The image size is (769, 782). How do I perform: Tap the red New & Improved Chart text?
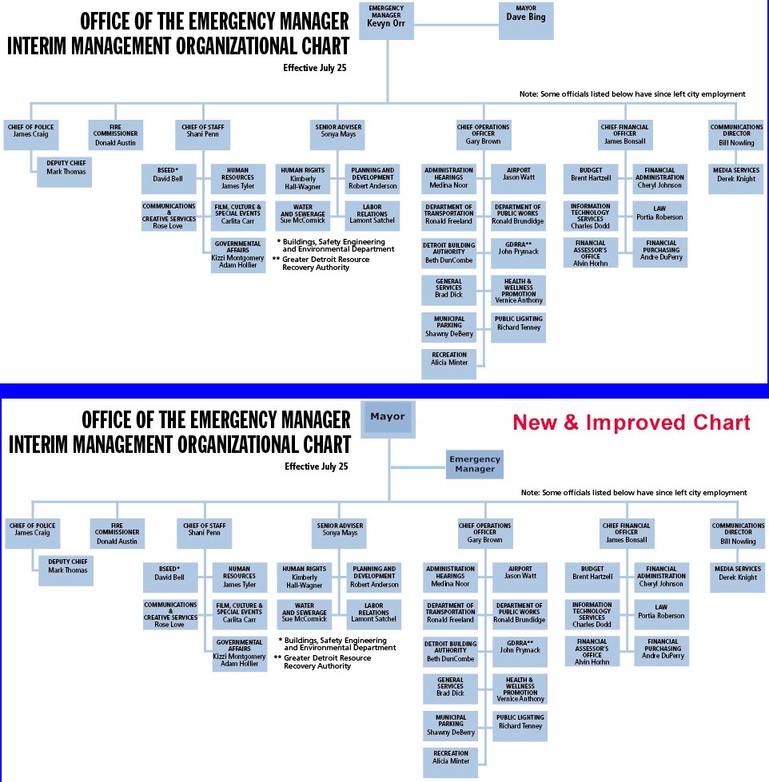(x=632, y=422)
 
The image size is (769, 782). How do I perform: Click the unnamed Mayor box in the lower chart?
(x=387, y=418)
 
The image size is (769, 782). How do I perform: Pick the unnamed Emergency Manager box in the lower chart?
(x=475, y=464)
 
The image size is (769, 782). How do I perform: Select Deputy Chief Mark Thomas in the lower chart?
(x=66, y=570)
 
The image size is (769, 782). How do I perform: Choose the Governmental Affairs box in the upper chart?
(x=237, y=254)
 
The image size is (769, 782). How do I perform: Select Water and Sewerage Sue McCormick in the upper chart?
(x=304, y=214)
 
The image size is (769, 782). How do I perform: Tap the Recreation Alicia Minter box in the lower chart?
(x=450, y=760)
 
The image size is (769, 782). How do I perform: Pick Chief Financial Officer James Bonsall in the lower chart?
(x=626, y=535)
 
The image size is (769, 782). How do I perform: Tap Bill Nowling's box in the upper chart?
(x=736, y=137)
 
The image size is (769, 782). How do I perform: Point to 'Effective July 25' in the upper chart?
(x=316, y=68)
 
